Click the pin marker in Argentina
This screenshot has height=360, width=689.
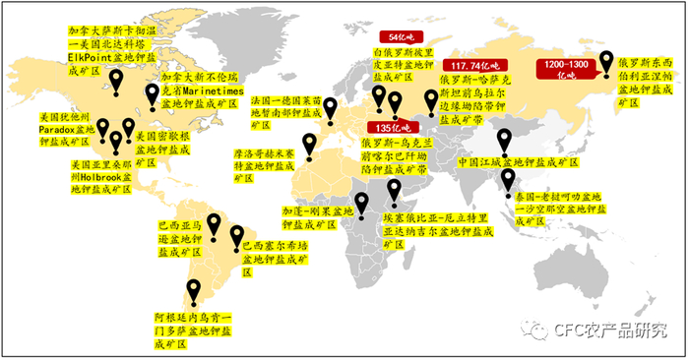click(x=194, y=291)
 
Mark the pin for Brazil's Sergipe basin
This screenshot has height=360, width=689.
click(x=236, y=235)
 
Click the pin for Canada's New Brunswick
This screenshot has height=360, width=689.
click(x=152, y=94)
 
